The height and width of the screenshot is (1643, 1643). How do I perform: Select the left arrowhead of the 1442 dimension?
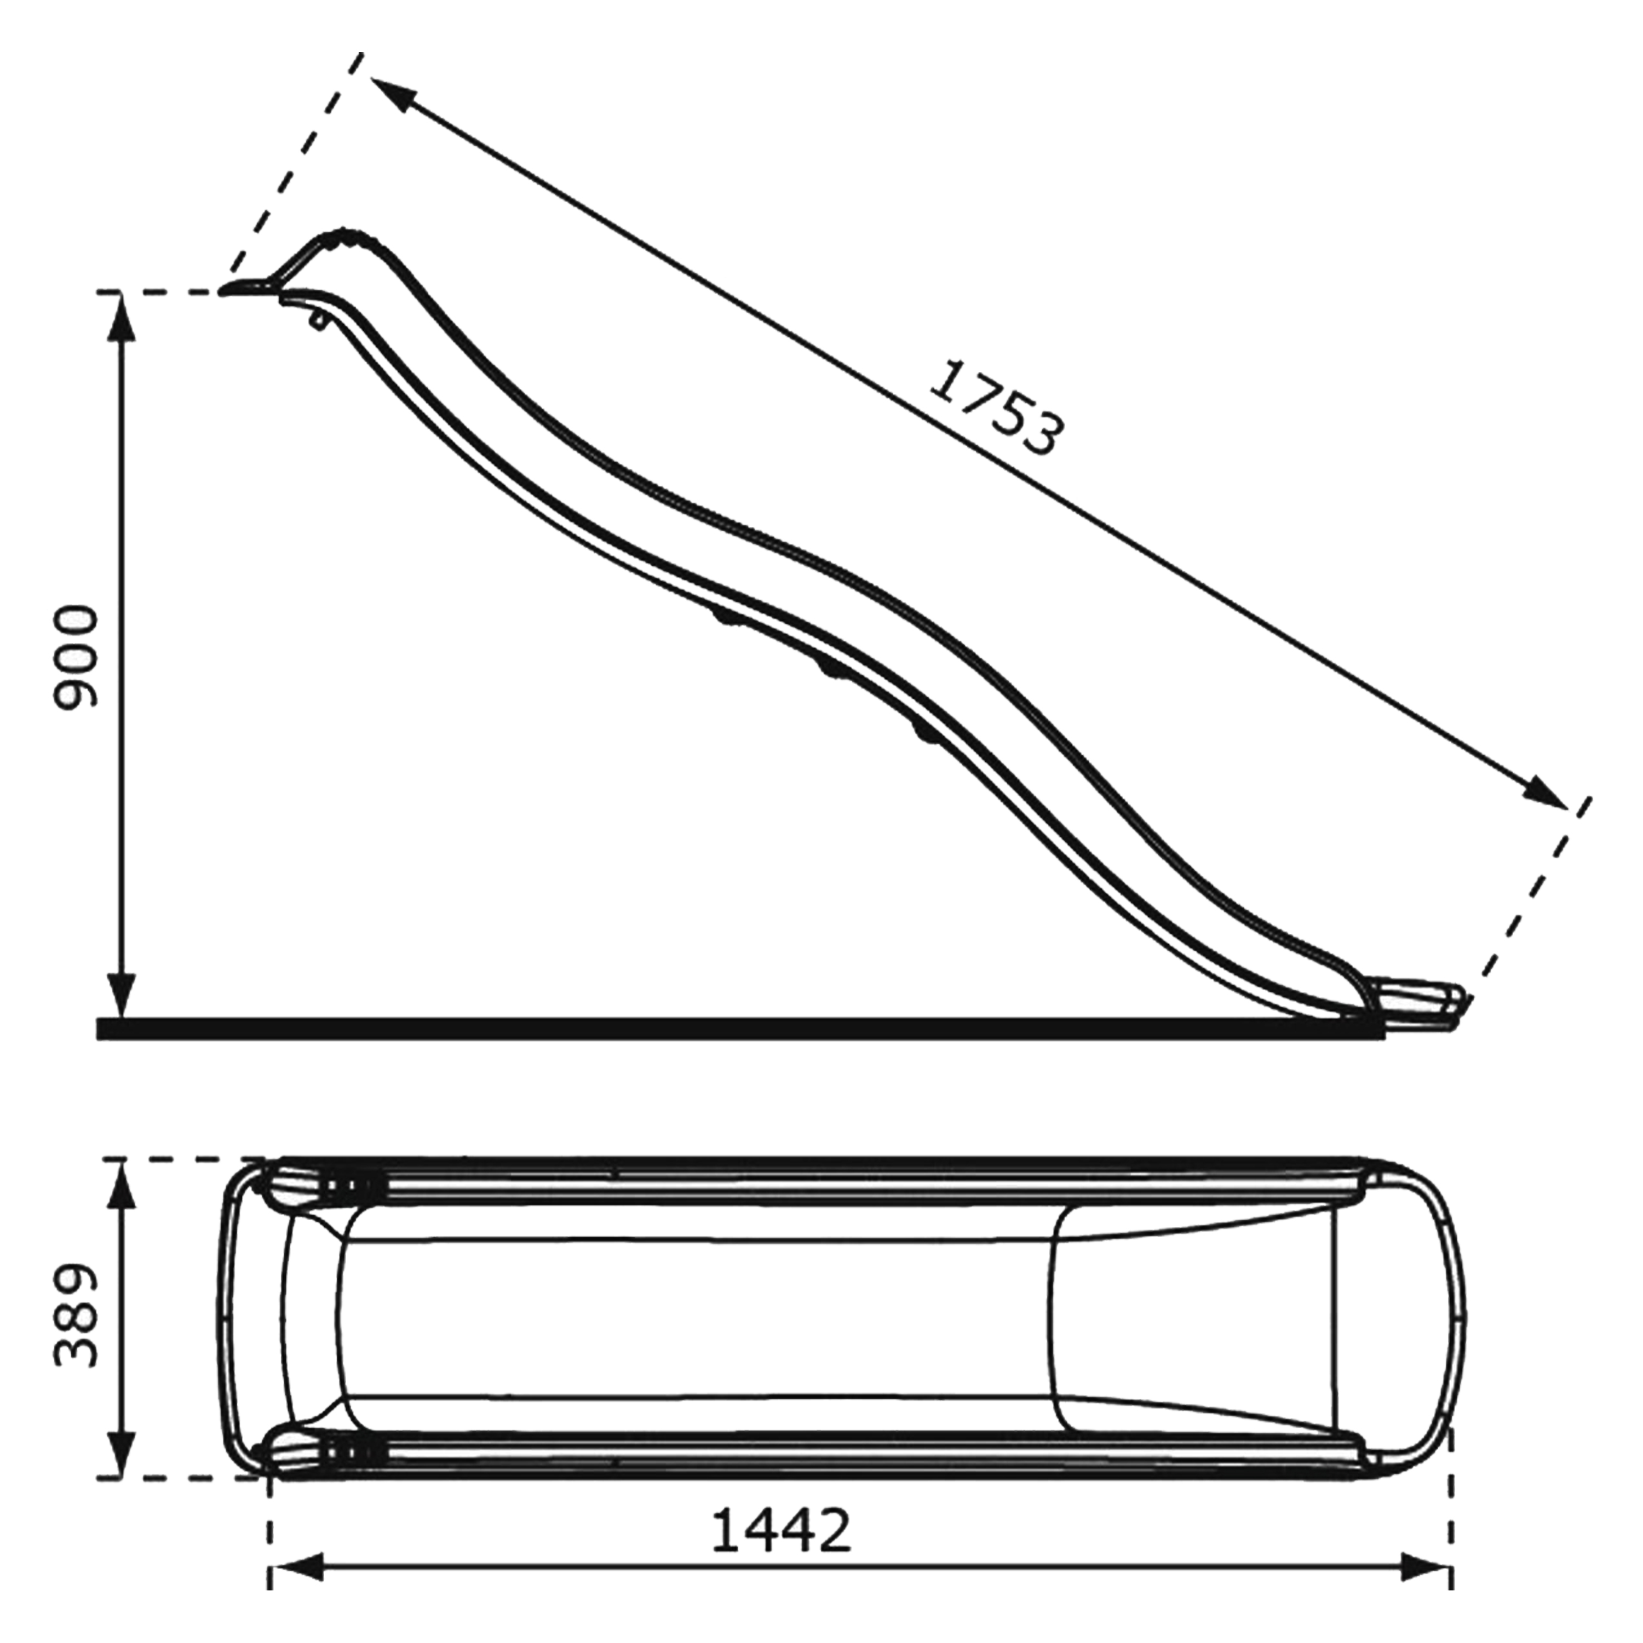click(x=297, y=1584)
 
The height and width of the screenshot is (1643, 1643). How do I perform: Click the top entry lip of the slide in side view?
click(x=246, y=288)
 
